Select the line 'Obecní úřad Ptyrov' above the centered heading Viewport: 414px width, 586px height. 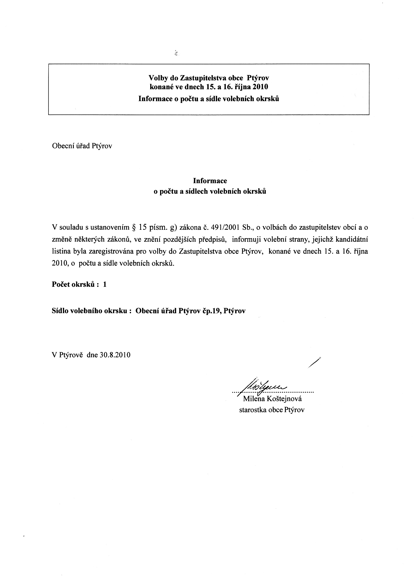click(x=82, y=146)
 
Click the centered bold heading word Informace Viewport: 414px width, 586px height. click(x=210, y=181)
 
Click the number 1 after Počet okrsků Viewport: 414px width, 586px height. click(x=105, y=284)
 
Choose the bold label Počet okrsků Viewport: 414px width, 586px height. click(x=73, y=284)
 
